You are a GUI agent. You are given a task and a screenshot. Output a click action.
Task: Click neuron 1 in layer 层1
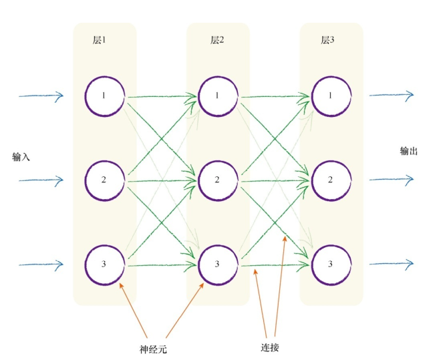tap(104, 96)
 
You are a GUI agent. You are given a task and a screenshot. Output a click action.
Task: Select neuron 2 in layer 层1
tap(104, 180)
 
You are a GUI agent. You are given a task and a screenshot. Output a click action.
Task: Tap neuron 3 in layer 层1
tap(104, 264)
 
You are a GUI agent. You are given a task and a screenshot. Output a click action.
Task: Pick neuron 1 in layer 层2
tap(218, 96)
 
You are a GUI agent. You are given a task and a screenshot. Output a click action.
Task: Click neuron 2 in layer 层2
tap(218, 180)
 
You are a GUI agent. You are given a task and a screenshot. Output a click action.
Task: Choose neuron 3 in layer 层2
tap(218, 264)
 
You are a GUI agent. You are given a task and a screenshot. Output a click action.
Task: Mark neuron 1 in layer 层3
tap(330, 96)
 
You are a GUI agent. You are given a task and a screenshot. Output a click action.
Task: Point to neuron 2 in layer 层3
tap(330, 180)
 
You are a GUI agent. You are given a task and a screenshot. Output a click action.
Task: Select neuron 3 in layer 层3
tap(330, 264)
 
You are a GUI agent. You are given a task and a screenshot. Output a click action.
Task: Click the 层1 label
tap(100, 40)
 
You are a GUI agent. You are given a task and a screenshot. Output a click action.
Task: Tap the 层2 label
tap(217, 40)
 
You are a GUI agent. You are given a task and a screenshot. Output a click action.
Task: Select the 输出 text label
tap(409, 152)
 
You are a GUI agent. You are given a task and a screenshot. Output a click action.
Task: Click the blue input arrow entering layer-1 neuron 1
tap(40, 96)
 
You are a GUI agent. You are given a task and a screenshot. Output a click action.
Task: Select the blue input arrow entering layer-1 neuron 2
tap(40, 180)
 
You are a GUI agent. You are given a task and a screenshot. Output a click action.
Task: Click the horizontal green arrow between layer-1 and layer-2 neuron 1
tap(161, 98)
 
